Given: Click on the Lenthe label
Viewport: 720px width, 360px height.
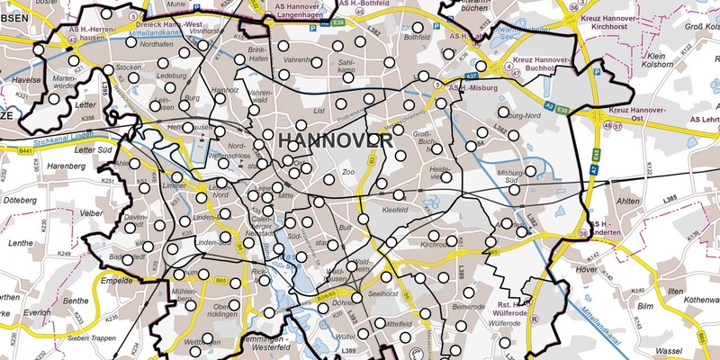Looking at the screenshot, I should pyautogui.click(x=22, y=244).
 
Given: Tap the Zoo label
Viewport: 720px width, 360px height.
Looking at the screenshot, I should pyautogui.click(x=349, y=170).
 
